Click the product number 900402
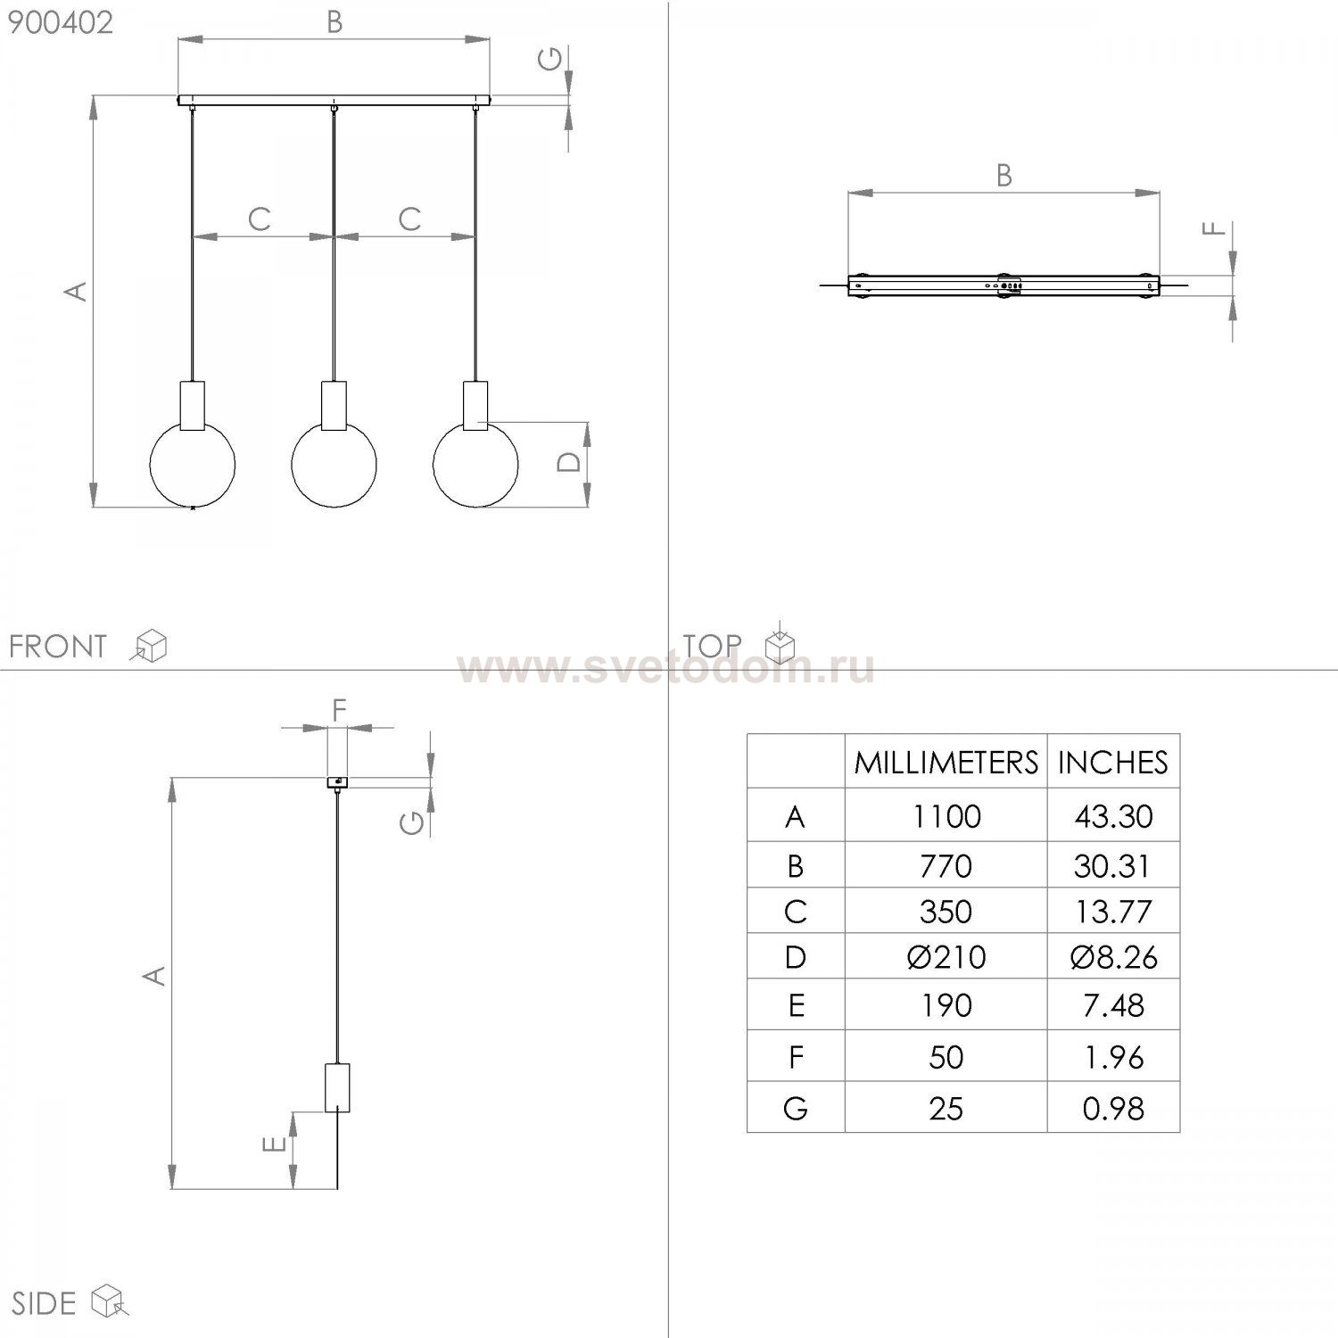61,22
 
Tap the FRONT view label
58,646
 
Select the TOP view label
713,645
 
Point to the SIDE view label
43,1303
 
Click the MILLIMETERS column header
946,762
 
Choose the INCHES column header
1113,762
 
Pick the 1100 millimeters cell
946,816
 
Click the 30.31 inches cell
1113,865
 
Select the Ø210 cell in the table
946,957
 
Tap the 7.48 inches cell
1113,1005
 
